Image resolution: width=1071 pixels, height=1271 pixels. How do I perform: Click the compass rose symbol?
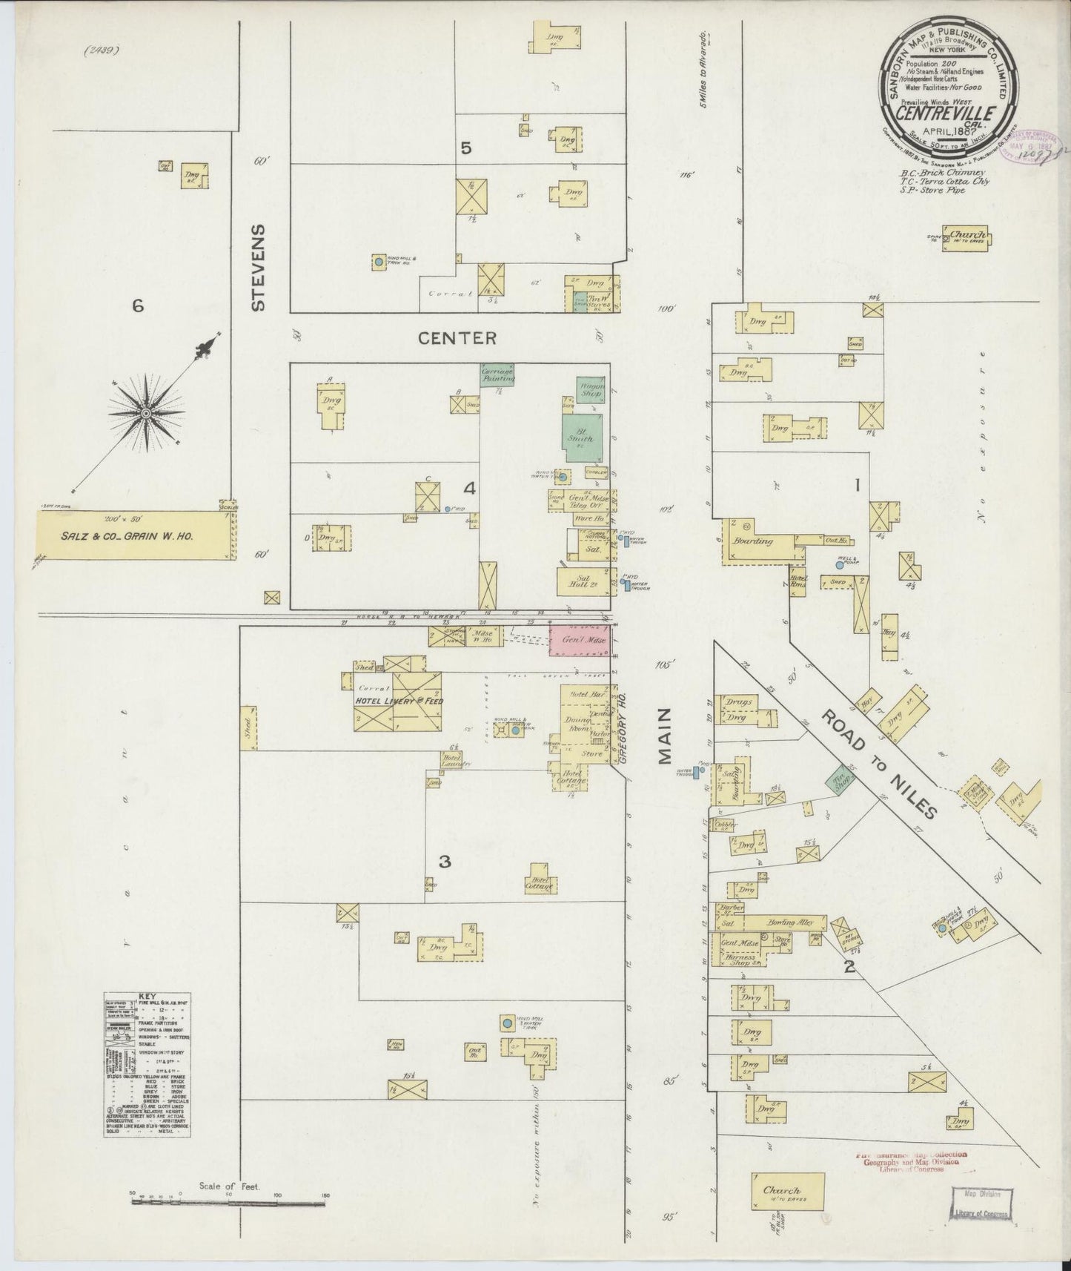click(146, 412)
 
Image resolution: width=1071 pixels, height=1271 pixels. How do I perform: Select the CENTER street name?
click(457, 338)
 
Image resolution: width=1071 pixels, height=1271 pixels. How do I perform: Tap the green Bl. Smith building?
click(581, 438)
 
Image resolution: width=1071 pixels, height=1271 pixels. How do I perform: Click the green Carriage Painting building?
click(497, 374)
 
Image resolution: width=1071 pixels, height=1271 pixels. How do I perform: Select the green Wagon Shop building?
click(591, 389)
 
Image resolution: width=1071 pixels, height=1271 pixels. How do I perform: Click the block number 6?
click(137, 306)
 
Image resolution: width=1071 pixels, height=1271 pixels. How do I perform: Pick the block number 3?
click(445, 862)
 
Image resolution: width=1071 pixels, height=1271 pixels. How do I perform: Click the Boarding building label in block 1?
click(752, 541)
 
